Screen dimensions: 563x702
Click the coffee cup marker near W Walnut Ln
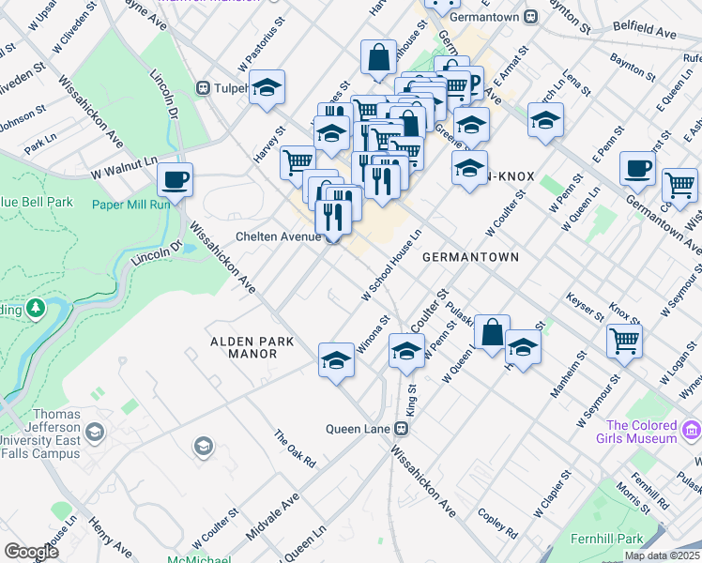point(175,179)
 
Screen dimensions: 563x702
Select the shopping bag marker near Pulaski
point(492,332)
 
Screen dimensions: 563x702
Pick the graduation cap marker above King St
point(406,352)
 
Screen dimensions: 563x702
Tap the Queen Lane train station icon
point(401,429)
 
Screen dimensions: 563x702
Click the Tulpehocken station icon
point(202,88)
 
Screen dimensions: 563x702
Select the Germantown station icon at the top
point(530,16)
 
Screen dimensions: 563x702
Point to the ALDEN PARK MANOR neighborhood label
point(243,347)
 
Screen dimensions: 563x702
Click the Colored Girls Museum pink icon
point(691,431)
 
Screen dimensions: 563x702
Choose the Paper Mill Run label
point(130,205)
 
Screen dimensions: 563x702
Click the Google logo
point(31,552)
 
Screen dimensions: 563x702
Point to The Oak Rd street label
point(294,449)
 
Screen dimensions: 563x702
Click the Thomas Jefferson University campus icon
point(93,433)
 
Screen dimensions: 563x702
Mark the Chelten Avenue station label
point(279,237)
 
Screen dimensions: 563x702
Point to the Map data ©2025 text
point(662,555)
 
